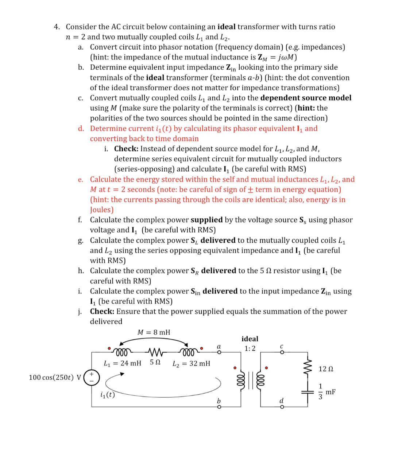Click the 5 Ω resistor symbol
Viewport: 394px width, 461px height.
click(x=156, y=352)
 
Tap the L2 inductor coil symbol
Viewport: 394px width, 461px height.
click(x=189, y=352)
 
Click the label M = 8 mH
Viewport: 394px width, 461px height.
click(x=154, y=332)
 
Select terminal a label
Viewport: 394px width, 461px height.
click(x=219, y=347)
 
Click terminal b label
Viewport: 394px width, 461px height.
click(x=219, y=401)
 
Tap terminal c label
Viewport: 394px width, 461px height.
click(x=281, y=347)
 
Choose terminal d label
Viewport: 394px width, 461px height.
click(x=281, y=401)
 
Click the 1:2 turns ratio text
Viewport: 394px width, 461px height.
click(x=250, y=348)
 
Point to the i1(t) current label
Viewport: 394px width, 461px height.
click(x=107, y=395)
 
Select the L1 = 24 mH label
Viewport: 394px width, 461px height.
click(x=122, y=363)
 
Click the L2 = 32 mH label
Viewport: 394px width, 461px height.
click(x=191, y=363)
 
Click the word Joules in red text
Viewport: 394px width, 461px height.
click(x=102, y=210)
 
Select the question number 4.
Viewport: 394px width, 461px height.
click(x=57, y=27)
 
